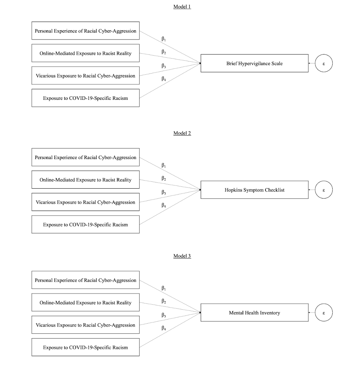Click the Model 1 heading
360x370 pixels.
point(182,7)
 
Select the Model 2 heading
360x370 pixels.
point(182,133)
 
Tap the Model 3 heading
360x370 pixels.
point(182,256)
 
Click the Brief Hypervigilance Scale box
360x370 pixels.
point(254,64)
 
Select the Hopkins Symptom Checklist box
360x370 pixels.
point(254,190)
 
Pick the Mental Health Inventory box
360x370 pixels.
point(254,313)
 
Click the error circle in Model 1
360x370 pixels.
point(323,64)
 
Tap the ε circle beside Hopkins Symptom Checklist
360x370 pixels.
point(323,190)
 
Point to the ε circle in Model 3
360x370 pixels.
point(323,313)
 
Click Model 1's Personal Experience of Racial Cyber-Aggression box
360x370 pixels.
point(85,31)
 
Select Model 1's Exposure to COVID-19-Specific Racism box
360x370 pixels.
point(85,98)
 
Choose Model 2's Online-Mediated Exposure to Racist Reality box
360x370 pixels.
point(85,180)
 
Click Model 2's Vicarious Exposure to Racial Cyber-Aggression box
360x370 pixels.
point(85,202)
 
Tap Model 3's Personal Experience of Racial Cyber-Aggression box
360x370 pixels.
point(85,280)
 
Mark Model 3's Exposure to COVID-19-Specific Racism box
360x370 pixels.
point(85,347)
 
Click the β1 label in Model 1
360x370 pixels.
point(164,39)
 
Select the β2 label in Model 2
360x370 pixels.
point(164,179)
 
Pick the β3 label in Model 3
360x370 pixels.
point(164,315)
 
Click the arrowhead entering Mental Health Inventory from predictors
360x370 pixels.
point(200,313)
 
